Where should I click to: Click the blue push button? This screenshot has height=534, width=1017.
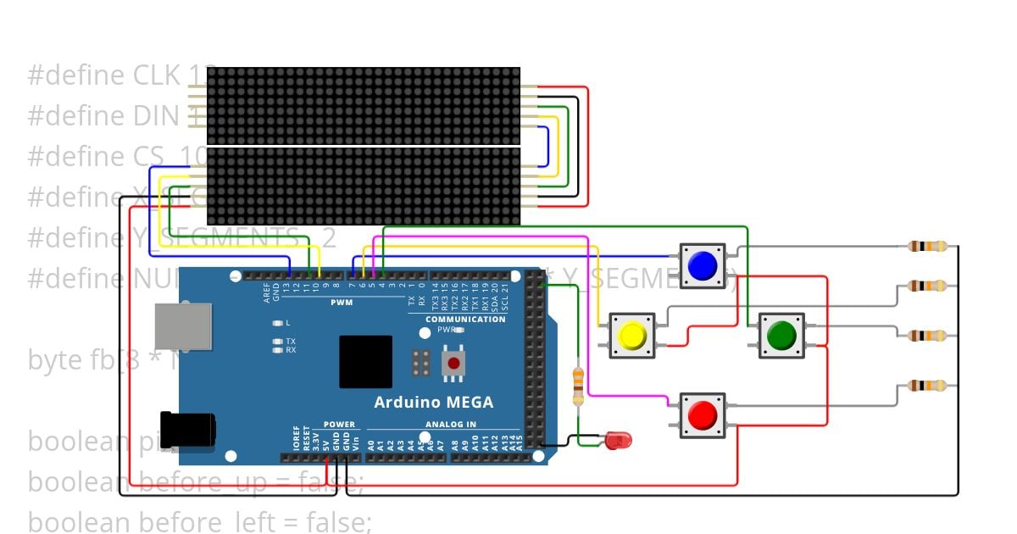[x=703, y=265]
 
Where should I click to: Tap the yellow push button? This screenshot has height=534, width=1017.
[x=632, y=336]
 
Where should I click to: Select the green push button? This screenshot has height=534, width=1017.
[x=780, y=336]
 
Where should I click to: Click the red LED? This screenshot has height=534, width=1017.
[x=619, y=440]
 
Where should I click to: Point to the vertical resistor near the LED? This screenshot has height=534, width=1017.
[x=579, y=386]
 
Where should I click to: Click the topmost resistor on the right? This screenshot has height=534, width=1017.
[x=927, y=247]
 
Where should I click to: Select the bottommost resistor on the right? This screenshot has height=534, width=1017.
[x=927, y=386]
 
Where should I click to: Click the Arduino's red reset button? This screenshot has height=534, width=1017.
[x=454, y=364]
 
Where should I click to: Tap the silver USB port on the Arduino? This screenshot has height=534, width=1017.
[x=183, y=327]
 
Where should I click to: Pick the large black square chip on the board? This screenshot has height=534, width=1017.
[x=366, y=362]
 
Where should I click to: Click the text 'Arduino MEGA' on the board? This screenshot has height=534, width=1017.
[x=433, y=402]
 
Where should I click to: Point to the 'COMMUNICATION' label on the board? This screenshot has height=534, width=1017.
[x=465, y=320]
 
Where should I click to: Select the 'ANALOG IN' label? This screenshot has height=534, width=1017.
[x=445, y=425]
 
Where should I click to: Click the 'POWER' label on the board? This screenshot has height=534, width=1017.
[x=339, y=425]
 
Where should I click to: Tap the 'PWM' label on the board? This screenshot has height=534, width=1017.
[x=342, y=303]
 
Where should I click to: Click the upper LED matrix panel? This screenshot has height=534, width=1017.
[x=363, y=106]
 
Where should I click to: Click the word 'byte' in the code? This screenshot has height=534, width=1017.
[x=55, y=360]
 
